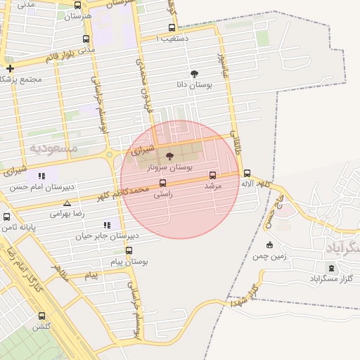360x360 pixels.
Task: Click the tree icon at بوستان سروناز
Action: (x=169, y=156)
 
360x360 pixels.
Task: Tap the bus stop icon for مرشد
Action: (x=213, y=175)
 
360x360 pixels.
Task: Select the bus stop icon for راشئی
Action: (x=163, y=184)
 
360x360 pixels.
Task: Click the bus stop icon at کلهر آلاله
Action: (x=247, y=173)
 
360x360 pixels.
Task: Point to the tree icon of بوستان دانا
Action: (x=194, y=73)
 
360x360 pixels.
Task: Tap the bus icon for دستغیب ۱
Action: (x=172, y=29)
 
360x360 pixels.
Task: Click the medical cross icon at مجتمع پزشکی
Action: (x=10, y=69)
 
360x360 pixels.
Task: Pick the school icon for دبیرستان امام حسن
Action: (x=41, y=176)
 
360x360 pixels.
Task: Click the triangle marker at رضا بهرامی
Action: (x=67, y=203)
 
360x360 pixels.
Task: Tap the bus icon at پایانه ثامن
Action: (x=7, y=217)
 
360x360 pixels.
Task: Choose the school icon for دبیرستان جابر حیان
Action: (x=107, y=225)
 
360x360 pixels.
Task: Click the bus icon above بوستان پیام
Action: (x=129, y=251)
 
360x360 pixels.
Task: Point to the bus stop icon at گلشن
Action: (x=41, y=316)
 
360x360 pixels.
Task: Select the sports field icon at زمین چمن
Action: (x=269, y=245)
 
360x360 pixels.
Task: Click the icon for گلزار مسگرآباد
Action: (x=331, y=268)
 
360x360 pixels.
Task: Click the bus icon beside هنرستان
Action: (x=77, y=6)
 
